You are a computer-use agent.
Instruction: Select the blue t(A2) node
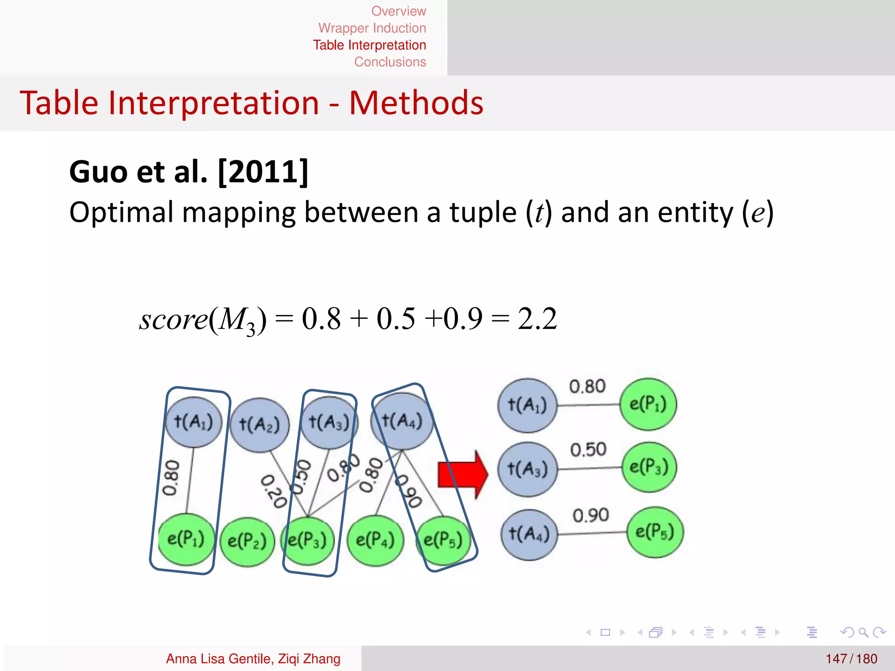(x=260, y=425)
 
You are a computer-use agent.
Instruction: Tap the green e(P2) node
(x=247, y=542)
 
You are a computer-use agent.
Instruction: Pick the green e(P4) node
(x=375, y=540)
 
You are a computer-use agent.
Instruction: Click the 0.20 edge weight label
(x=274, y=492)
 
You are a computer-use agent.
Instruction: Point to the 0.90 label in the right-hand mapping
(x=590, y=515)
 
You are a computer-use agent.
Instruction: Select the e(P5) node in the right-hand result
(x=655, y=532)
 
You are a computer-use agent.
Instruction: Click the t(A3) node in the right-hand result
(x=527, y=469)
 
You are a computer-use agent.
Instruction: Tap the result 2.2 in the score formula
(x=537, y=318)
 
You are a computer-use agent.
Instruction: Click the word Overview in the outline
(x=398, y=11)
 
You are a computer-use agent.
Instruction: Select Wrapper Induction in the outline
(x=372, y=28)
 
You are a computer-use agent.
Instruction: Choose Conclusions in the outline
(x=390, y=62)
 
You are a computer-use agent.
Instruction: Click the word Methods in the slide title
(x=416, y=103)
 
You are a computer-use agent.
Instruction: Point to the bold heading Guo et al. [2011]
(x=189, y=172)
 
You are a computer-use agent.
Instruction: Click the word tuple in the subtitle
(x=483, y=213)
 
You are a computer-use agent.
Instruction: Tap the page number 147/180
(x=851, y=658)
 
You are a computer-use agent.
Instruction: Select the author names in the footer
(x=253, y=658)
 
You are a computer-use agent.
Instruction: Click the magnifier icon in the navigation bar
(x=863, y=632)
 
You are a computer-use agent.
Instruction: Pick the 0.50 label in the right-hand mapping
(x=588, y=450)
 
